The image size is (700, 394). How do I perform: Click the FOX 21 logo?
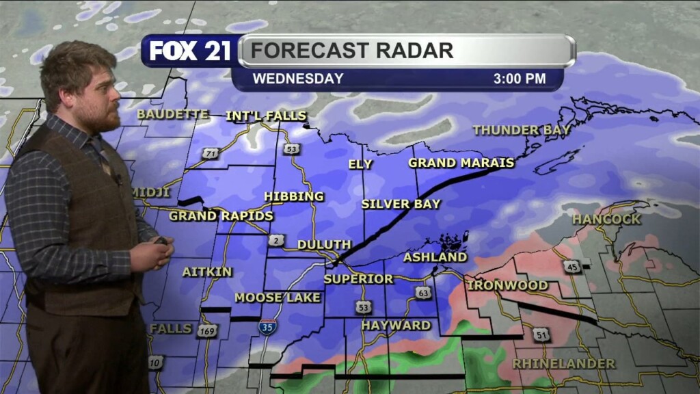(x=190, y=51)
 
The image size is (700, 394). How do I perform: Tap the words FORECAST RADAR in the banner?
(x=351, y=51)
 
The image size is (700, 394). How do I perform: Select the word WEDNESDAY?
(x=298, y=79)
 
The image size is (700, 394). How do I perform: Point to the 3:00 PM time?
(x=520, y=79)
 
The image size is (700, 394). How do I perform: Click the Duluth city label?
(x=324, y=244)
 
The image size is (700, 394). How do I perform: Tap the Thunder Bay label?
(x=522, y=130)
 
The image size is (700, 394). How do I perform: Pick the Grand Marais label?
(x=461, y=163)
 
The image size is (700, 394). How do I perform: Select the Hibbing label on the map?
(x=294, y=196)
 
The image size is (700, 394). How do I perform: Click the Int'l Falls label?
(x=266, y=116)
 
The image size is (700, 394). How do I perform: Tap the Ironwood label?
(x=508, y=285)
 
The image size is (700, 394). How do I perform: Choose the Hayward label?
(x=396, y=325)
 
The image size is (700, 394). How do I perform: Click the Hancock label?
(x=606, y=220)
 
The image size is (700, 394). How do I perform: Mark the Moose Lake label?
(x=278, y=298)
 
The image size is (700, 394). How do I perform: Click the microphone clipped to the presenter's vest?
(x=118, y=180)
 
